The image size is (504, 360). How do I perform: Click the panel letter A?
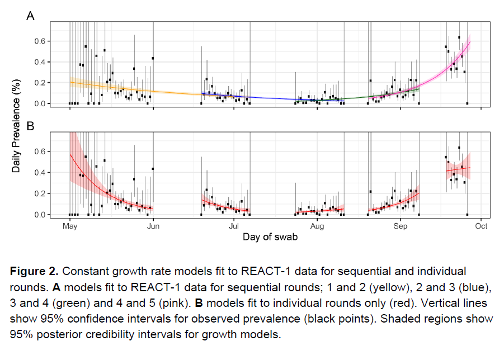pos(31,16)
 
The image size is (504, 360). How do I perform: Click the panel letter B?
pos(31,127)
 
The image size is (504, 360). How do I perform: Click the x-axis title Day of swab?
pos(270,237)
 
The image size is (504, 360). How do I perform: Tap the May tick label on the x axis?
pos(70,226)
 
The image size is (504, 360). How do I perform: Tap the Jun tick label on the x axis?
pos(153,226)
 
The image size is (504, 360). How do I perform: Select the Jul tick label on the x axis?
pos(234,226)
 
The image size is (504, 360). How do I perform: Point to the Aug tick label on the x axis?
pos(317,226)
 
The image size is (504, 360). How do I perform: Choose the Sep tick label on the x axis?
pos(400,226)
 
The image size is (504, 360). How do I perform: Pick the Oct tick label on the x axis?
pos(481,226)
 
